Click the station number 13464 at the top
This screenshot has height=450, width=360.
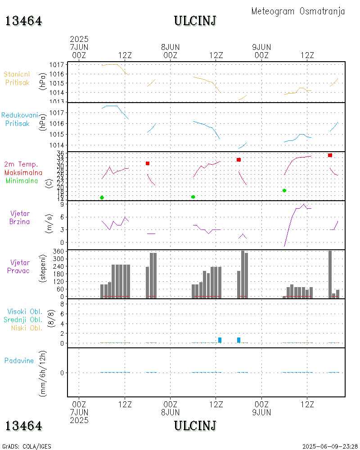coord(23,21)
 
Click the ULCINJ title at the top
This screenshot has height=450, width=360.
coord(195,21)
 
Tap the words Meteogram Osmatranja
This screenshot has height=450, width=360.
coord(298,11)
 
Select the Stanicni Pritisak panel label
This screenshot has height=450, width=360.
coord(18,78)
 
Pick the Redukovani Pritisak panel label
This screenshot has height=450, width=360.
coord(19,119)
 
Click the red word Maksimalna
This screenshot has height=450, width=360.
coord(23,172)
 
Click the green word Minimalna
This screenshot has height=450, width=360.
coord(22,181)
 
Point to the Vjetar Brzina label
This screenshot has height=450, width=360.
coord(20,217)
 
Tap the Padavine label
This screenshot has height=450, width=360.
coord(19,360)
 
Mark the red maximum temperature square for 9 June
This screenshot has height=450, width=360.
coord(330,155)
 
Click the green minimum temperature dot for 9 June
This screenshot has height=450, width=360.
coord(284,190)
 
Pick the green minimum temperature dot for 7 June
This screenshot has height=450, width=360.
coord(102,198)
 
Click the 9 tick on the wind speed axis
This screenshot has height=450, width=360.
coord(62,204)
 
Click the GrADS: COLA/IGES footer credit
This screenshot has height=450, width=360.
coord(26,446)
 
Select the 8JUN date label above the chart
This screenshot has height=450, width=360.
coord(170,47)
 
